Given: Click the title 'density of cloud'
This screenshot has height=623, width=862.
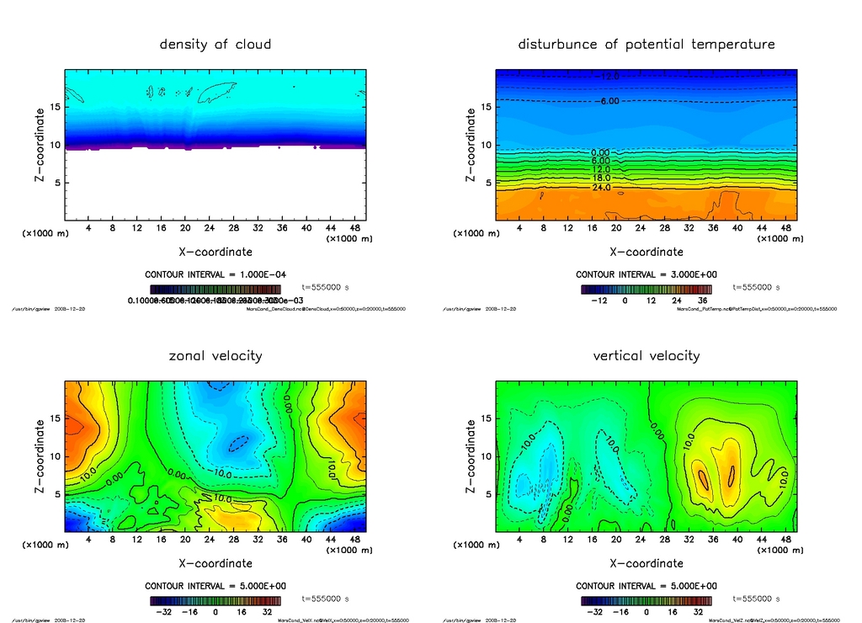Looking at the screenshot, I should coord(215,45).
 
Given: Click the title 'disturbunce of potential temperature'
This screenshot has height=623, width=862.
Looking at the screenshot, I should coord(646,45).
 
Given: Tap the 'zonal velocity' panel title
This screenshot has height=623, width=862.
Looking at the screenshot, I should coord(215,356).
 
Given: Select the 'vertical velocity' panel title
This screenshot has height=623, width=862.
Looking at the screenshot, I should coord(646,356).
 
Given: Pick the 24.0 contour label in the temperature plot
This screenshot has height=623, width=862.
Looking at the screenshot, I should coord(601,188).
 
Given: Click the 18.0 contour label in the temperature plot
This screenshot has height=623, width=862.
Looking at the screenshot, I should coord(601,178).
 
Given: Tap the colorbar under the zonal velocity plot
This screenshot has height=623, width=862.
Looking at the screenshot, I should coord(215,601).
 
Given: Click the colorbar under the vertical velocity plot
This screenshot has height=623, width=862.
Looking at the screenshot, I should coord(646,601).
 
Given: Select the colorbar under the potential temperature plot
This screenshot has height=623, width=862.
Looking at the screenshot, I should coord(646,290).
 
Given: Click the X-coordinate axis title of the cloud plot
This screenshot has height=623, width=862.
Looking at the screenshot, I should coord(215,252).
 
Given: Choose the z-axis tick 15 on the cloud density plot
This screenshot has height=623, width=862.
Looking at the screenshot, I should coord(56,107).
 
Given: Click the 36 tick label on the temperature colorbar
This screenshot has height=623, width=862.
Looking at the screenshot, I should coord(700,301).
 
